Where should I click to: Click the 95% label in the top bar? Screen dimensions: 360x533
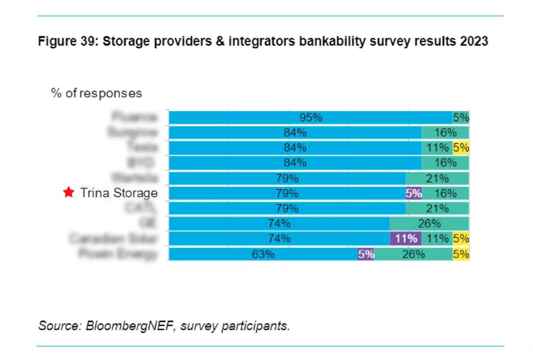click(311, 118)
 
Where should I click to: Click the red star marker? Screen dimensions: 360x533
click(69, 193)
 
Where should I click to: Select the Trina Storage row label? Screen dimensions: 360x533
click(119, 193)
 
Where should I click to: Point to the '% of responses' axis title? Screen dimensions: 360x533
click(96, 93)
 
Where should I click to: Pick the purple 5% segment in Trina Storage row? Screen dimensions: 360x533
click(414, 193)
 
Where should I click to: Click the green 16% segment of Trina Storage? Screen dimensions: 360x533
click(446, 193)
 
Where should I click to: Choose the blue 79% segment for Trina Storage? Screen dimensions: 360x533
click(287, 193)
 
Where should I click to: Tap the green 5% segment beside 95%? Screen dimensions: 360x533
click(461, 118)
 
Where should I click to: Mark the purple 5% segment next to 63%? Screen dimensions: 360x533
click(366, 254)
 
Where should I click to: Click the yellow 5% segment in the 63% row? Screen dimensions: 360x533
click(461, 254)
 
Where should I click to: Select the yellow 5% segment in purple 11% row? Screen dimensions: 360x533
click(461, 239)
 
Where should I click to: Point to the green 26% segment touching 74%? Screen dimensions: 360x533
click(429, 224)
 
